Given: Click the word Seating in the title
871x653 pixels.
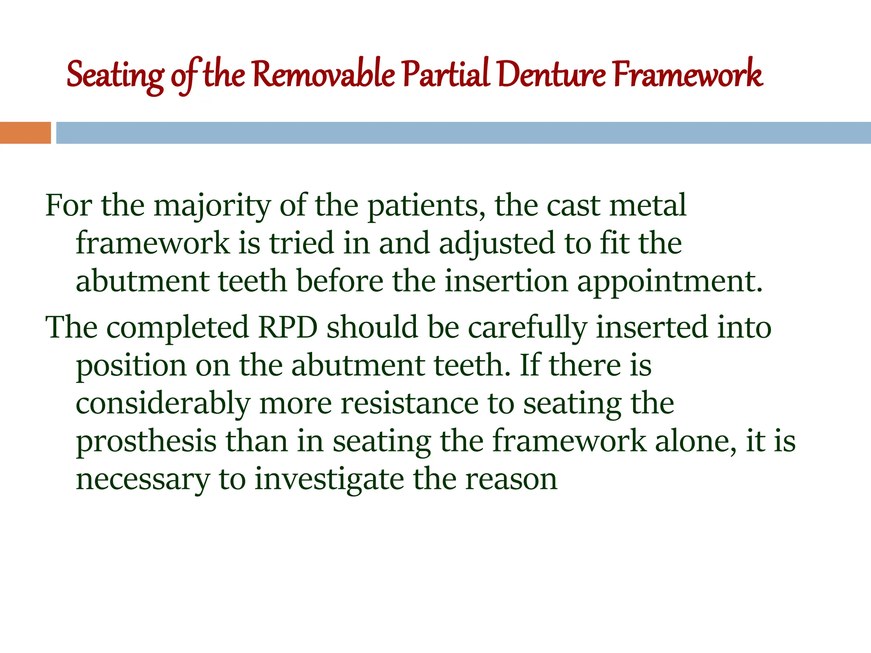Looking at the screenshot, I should tap(115, 75).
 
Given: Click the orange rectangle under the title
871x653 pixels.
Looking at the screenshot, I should tap(25, 133).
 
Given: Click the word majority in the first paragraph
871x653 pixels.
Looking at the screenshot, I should tap(211, 206).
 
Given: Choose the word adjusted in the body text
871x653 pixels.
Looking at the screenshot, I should tap(497, 244).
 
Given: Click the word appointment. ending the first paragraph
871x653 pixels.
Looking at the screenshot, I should tap(669, 282).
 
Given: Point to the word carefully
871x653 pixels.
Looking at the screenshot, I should tap(527, 327).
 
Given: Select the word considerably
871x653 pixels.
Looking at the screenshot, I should tap(163, 403).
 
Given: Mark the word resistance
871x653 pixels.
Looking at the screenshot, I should tap(410, 403).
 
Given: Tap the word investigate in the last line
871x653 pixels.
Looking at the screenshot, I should tap(329, 480).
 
